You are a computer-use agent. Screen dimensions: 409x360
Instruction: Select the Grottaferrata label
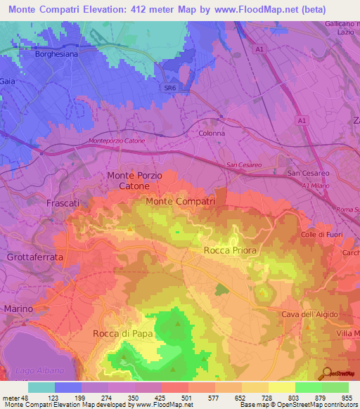34,257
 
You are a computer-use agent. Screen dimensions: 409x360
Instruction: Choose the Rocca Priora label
229,250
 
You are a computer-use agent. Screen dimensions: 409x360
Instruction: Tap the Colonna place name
212,133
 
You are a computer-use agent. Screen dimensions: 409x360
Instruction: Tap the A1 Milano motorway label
316,186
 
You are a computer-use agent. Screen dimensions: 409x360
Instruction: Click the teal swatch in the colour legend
41,387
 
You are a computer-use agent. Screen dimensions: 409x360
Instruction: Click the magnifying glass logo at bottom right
326,374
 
